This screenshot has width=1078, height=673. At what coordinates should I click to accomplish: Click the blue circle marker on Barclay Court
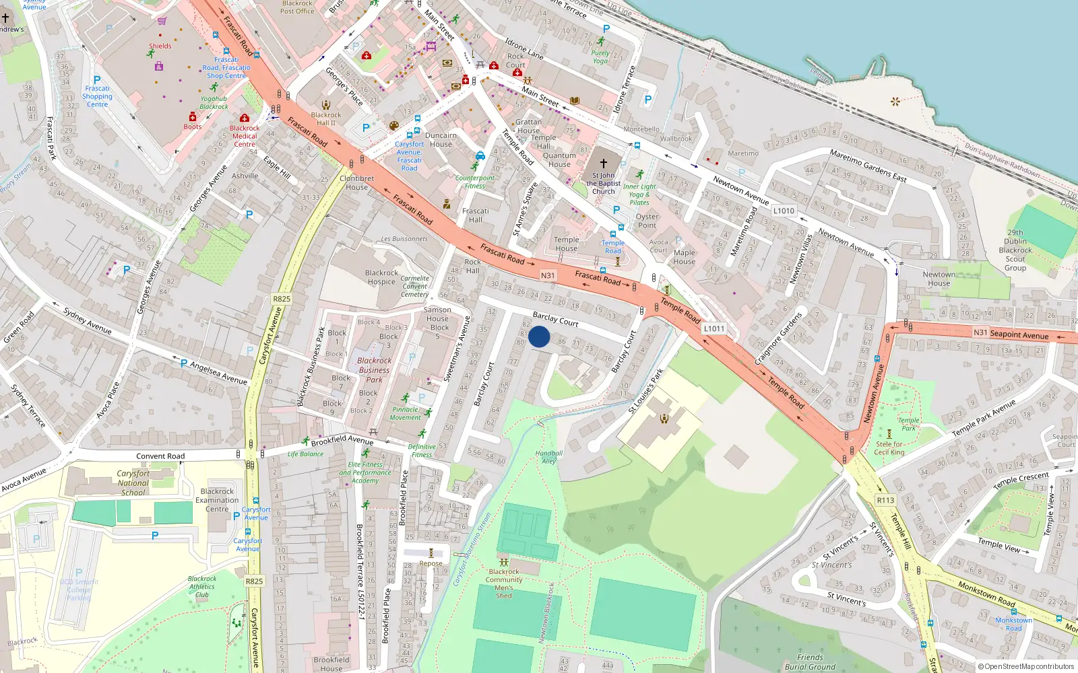(539, 336)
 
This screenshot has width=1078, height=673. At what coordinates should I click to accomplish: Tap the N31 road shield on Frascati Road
(548, 275)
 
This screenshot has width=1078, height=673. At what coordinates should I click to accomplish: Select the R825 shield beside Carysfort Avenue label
(282, 299)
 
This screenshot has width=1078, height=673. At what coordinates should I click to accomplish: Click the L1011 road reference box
(714, 328)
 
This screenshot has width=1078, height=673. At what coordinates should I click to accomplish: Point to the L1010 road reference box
(784, 211)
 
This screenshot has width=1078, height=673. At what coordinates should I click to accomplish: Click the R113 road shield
(885, 500)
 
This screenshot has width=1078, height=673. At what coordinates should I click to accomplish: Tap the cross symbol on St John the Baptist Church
(604, 164)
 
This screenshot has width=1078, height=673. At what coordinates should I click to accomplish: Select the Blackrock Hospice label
(381, 277)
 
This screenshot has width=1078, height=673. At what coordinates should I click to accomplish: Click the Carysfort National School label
(133, 483)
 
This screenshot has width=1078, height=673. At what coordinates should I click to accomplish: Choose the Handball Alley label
(549, 457)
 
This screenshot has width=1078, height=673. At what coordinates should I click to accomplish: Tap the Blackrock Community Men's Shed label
(504, 583)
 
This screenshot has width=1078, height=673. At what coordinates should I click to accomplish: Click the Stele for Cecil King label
(889, 448)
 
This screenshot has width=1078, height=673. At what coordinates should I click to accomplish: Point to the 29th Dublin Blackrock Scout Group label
(1015, 250)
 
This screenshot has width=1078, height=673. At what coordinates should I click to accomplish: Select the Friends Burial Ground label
(810, 662)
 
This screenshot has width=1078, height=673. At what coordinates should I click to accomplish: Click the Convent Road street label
(160, 456)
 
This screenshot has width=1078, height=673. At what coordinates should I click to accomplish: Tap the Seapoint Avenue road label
(1019, 334)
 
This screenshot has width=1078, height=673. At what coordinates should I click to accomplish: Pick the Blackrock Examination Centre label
(217, 500)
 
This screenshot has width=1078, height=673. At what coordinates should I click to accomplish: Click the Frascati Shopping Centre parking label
(97, 96)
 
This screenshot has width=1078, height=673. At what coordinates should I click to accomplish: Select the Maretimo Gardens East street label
(868, 166)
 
